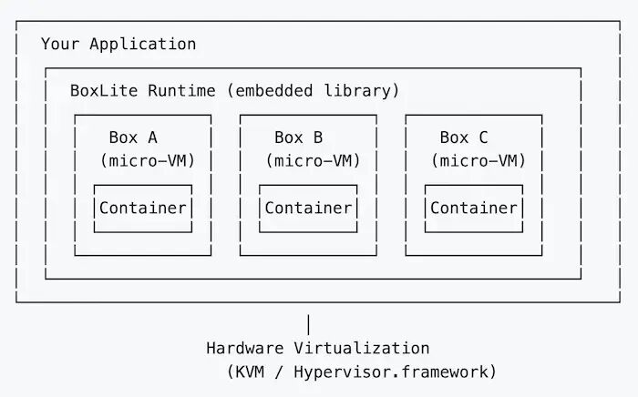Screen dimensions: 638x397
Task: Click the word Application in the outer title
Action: coord(143,44)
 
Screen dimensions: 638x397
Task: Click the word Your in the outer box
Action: coord(60,44)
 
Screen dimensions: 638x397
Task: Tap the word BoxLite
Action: coord(104,90)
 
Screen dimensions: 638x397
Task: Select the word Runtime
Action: coord(181,90)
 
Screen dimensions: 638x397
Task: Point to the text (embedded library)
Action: coord(314,90)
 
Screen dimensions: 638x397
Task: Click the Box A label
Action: coord(133,137)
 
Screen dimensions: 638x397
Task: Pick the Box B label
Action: coord(299,137)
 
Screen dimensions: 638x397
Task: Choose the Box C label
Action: coord(464,137)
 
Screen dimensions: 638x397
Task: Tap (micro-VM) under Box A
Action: coord(148,160)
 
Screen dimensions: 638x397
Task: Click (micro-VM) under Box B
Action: coord(314,160)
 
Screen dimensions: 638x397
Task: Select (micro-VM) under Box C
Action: coord(478,160)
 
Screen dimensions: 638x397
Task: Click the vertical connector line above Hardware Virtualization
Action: coord(308,324)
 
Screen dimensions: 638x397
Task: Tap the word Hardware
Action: coord(245,348)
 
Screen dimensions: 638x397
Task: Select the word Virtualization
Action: coord(362,348)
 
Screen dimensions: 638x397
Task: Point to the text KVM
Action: coord(250,372)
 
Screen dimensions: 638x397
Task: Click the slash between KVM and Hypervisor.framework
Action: coord(279,372)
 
